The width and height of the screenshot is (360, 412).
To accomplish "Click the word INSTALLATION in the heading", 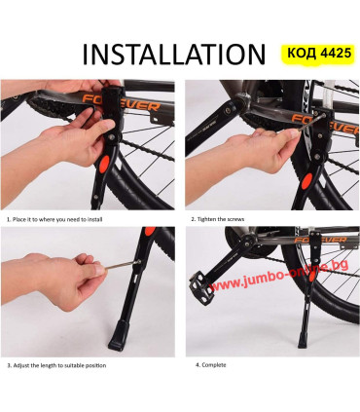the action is pyautogui.click(x=174, y=55).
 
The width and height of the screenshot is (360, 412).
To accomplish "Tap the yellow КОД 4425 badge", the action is pyautogui.click(x=319, y=53).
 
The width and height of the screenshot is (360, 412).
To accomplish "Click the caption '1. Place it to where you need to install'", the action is pyautogui.click(x=54, y=219).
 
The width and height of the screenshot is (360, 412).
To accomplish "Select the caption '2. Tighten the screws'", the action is pyautogui.click(x=218, y=219).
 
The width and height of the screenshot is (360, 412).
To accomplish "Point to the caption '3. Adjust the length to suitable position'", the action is pyautogui.click(x=56, y=365).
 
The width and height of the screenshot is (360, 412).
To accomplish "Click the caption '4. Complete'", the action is pyautogui.click(x=211, y=365).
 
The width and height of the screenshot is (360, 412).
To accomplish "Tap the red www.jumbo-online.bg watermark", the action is pyautogui.click(x=279, y=275).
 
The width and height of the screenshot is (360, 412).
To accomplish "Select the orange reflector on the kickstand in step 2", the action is pyautogui.click(x=306, y=181).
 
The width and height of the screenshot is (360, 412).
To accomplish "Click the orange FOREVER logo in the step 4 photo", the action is pyautogui.click(x=320, y=240).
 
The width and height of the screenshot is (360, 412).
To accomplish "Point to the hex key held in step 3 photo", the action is pyautogui.click(x=124, y=265).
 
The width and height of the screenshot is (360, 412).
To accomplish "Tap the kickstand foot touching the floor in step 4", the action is pyautogui.click(x=304, y=339).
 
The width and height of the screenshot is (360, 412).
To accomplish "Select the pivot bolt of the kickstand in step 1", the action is pyautogui.click(x=112, y=138).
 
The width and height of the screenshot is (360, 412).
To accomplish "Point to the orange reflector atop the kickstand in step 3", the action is pyautogui.click(x=150, y=231).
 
